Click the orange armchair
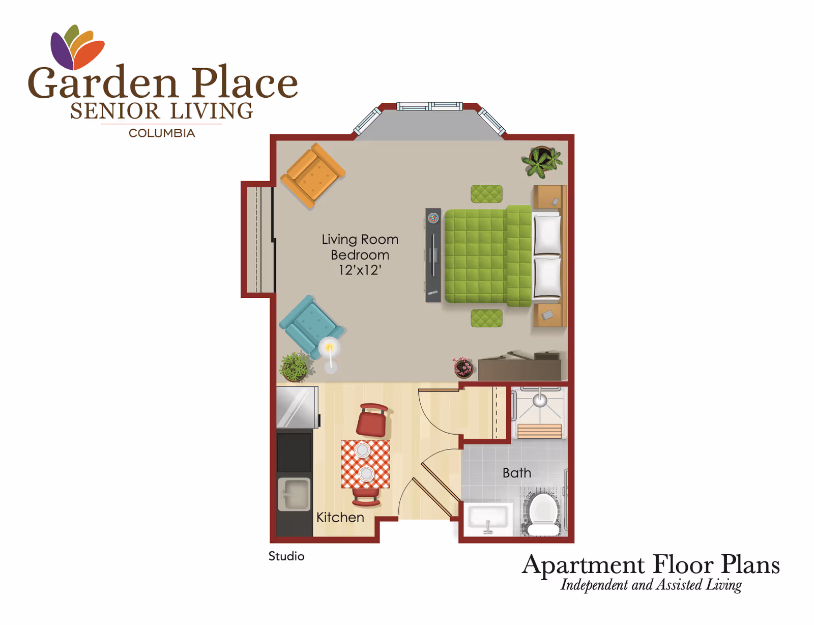click(313, 176)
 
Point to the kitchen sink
click(294, 494)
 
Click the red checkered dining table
click(365, 464)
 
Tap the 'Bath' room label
click(516, 473)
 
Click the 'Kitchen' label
click(340, 518)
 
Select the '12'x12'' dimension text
click(360, 270)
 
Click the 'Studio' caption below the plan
click(286, 556)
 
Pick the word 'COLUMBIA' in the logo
click(162, 133)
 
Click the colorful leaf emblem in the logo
click(77, 47)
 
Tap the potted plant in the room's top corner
click(542, 161)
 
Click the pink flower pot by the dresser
click(463, 367)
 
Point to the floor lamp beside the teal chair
click(330, 354)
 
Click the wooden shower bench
click(539, 431)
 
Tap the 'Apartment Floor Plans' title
click(651, 564)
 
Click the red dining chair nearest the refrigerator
click(373, 420)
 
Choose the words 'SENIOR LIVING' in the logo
click(161, 111)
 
